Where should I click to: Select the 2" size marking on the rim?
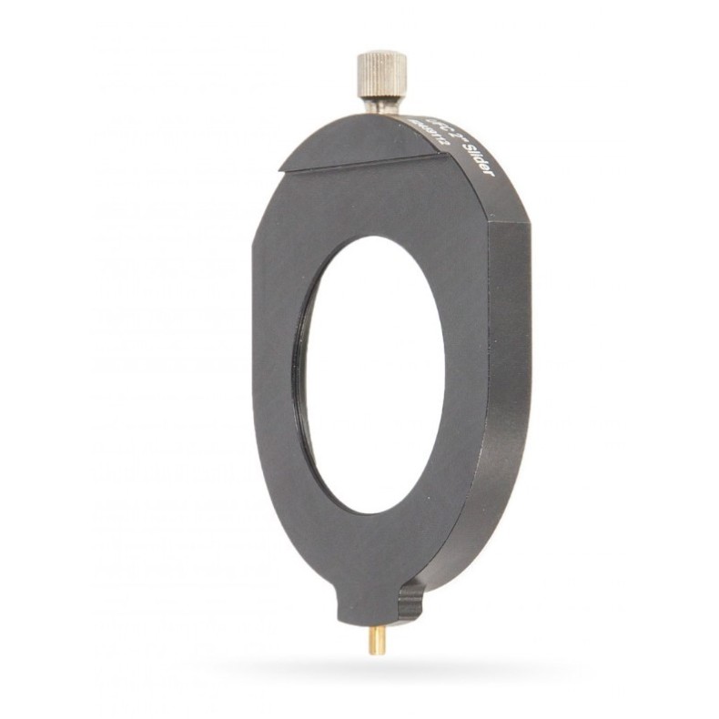447,137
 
